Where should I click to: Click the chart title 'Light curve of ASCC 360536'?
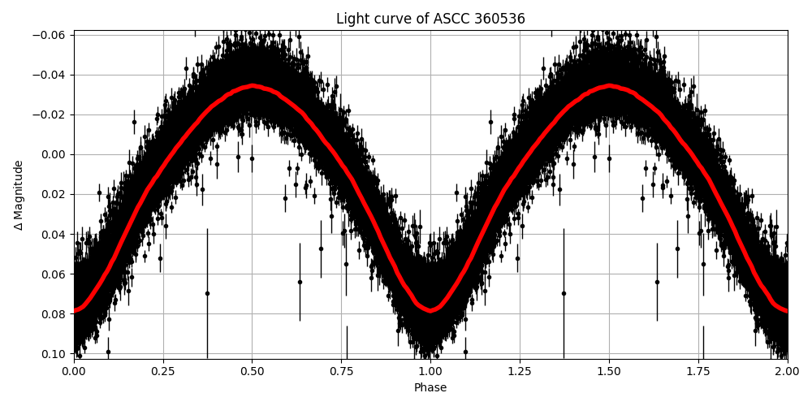click(430, 19)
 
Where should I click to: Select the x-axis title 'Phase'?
click(430, 388)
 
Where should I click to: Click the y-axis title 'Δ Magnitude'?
click(19, 195)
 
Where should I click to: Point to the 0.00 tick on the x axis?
click(74, 371)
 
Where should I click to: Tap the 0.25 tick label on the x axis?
click(163, 371)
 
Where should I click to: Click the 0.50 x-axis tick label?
click(253, 371)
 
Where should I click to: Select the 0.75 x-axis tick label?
click(341, 371)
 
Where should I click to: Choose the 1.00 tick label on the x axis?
click(430, 371)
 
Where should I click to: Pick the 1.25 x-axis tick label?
click(520, 371)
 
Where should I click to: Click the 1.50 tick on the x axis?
click(609, 371)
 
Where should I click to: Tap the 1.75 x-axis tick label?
click(698, 371)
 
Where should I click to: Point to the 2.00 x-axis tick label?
click(787, 371)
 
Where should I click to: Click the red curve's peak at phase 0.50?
click(253, 85)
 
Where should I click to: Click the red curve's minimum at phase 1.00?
click(430, 310)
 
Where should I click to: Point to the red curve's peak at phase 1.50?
click(609, 85)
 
